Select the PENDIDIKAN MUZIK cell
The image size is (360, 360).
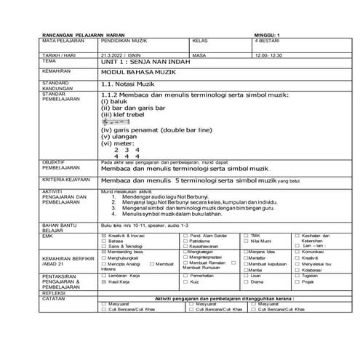[x=121, y=41]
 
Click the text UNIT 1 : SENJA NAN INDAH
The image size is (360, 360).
[x=141, y=63]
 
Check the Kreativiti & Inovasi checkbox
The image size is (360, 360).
[x=103, y=236]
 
